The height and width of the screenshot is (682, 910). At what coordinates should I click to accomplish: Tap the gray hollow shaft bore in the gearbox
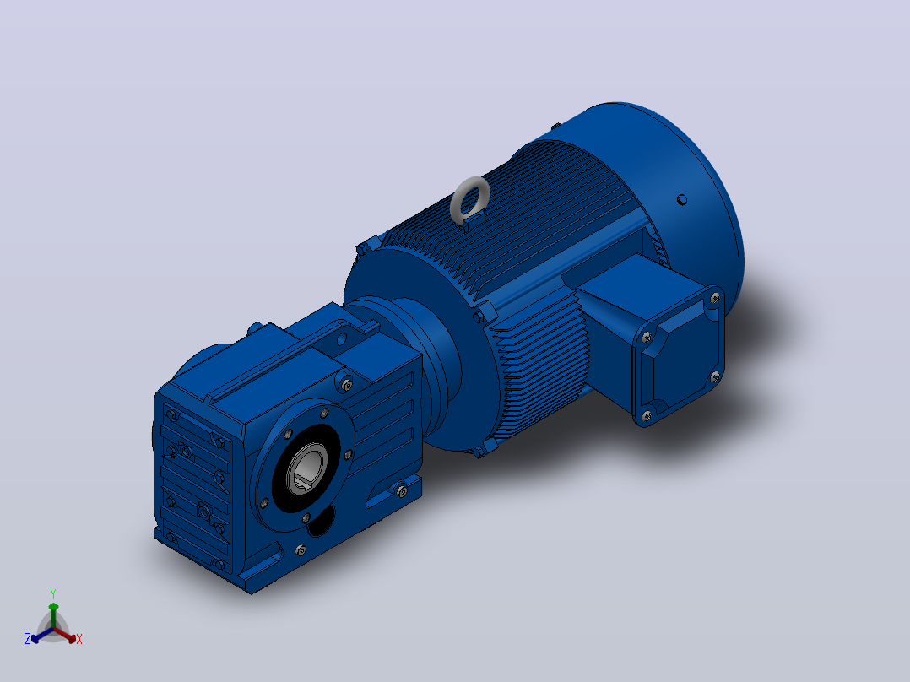pos(307,470)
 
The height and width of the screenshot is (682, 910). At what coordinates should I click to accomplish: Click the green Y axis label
pos(53,593)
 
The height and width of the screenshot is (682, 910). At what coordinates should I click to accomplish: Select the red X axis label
pos(79,639)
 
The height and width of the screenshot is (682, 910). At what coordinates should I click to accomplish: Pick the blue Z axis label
pos(27,638)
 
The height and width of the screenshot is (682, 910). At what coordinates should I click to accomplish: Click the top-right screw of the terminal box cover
pos(715,298)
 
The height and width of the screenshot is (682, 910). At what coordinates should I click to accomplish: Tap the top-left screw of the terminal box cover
pos(647,337)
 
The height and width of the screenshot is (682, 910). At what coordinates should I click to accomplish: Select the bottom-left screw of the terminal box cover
pos(647,415)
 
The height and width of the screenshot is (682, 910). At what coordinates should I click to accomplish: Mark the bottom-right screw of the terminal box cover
pos(715,376)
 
